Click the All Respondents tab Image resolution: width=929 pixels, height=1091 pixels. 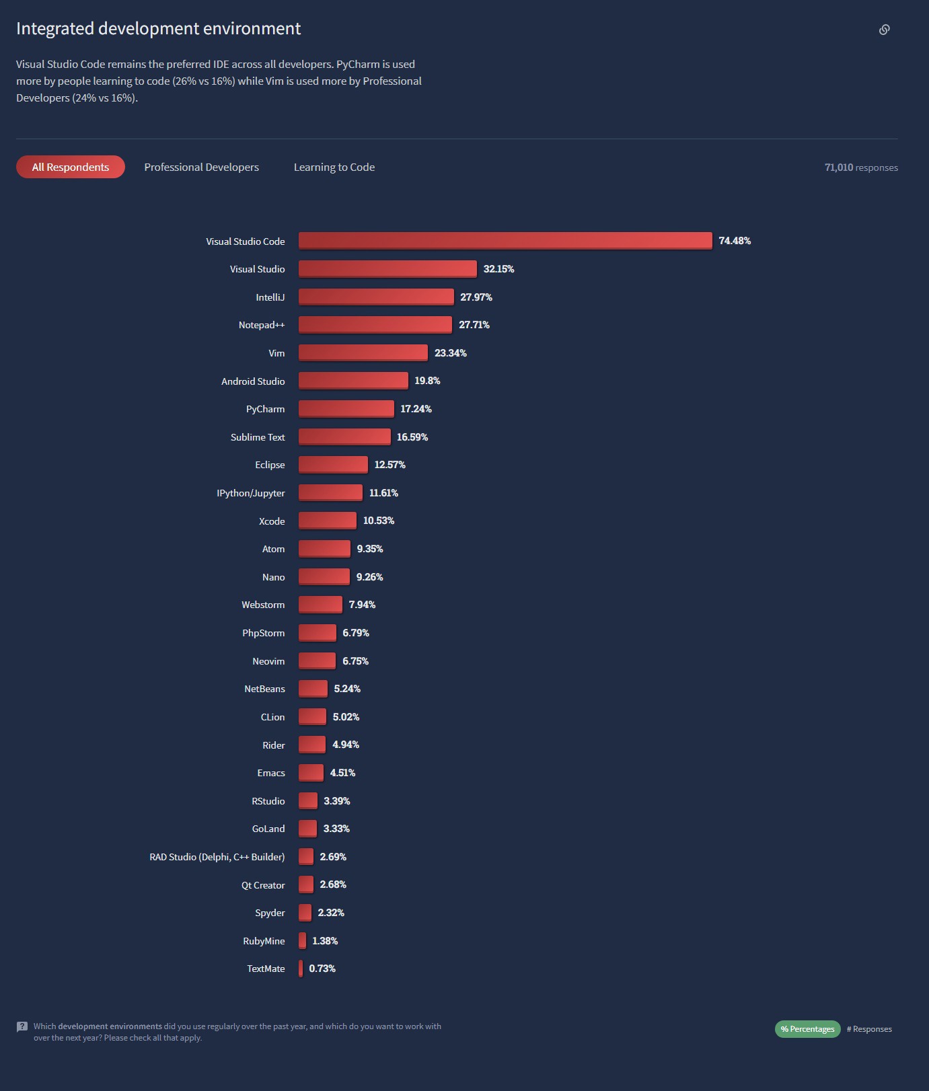(71, 167)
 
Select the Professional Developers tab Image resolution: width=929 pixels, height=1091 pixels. (201, 167)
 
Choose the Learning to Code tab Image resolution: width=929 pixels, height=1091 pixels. (334, 167)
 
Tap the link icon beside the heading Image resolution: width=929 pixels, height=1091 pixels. (884, 30)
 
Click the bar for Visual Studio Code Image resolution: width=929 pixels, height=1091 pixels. (505, 241)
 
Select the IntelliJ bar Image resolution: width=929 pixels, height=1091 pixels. (376, 297)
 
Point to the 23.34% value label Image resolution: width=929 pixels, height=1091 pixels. (450, 353)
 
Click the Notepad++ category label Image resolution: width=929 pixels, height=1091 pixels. (262, 325)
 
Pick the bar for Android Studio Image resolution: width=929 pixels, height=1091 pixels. (353, 381)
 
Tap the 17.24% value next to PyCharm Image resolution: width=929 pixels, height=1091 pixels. (416, 409)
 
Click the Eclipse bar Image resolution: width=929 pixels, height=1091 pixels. (333, 465)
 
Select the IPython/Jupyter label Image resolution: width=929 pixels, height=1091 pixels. (251, 493)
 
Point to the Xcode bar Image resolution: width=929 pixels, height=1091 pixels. (327, 521)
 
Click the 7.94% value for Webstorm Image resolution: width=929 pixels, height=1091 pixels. (362, 605)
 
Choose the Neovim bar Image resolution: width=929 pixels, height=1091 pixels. (317, 661)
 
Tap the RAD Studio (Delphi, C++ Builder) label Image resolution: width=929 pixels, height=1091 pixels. (217, 857)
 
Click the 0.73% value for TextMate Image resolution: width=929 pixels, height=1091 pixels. (322, 969)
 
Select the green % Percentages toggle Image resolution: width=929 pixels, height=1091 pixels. (807, 1029)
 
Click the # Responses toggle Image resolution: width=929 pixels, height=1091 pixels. (869, 1029)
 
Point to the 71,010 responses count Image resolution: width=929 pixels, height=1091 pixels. (861, 167)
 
